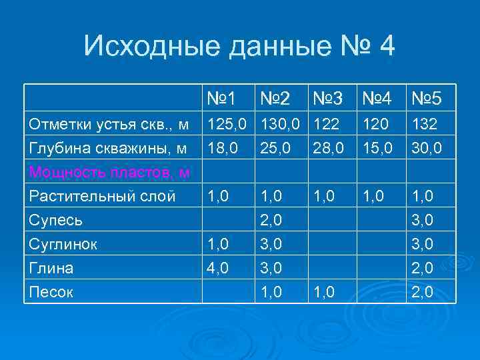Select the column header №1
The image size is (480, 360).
[222, 99]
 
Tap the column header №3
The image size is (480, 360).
[327, 99]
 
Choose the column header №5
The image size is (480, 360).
[427, 99]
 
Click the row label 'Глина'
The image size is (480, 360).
[51, 267]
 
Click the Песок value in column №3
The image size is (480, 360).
[322, 291]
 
